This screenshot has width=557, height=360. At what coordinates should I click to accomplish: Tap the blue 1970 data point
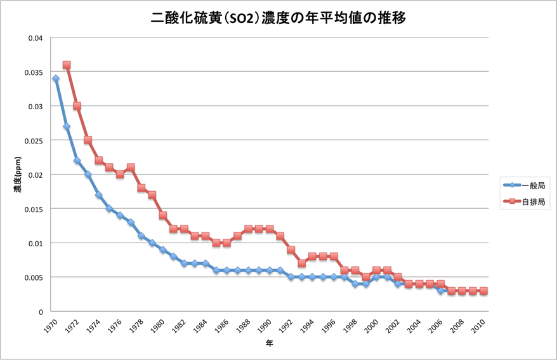56,79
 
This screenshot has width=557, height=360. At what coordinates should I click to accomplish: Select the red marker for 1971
67,65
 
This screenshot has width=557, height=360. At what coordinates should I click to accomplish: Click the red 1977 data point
131,168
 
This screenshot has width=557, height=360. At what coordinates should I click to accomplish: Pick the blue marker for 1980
162,250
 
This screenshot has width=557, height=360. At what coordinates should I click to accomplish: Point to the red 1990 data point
270,229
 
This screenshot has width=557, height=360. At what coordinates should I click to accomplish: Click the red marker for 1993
301,263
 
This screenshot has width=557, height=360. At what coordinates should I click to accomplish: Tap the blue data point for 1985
216,270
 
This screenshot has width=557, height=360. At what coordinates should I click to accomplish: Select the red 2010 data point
483,291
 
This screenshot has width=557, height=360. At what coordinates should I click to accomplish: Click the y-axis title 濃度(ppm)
19,175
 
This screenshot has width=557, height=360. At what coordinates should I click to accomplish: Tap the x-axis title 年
269,343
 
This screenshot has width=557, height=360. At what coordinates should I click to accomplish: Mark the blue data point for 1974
99,195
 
